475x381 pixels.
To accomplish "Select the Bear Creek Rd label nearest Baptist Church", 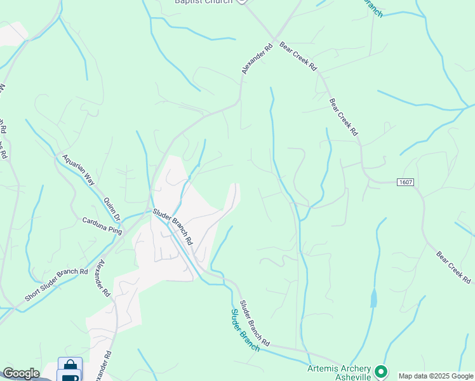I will (297, 58).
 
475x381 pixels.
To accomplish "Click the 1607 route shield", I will (406, 182).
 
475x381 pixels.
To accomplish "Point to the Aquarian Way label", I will (78, 169).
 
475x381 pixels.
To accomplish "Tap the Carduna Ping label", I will (102, 225).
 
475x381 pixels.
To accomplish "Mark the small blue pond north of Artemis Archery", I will (373, 298).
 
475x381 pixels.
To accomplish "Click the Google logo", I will (21, 373).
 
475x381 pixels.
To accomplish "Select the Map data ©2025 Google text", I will (436, 377).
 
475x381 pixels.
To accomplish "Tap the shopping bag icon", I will (70, 366).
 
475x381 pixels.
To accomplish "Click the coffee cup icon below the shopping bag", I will (70, 377).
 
